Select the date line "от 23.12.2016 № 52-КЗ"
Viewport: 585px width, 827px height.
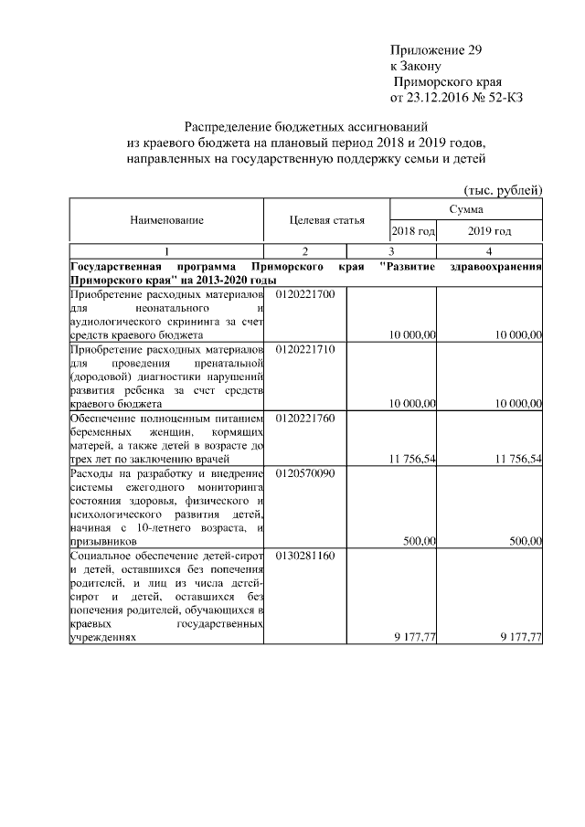(x=456, y=96)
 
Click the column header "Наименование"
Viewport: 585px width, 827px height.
(x=166, y=220)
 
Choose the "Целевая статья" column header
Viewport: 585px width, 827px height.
(x=326, y=220)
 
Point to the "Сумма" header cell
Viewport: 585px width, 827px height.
(x=466, y=209)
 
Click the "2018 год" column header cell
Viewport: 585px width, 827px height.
(x=413, y=231)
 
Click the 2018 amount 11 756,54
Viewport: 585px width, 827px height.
(x=412, y=458)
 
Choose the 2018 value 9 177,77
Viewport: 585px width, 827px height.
(x=414, y=637)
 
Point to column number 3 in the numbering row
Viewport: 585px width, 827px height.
(x=391, y=251)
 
